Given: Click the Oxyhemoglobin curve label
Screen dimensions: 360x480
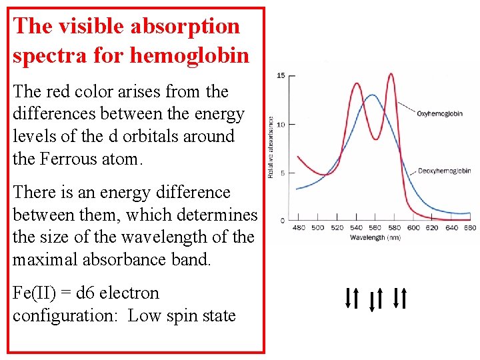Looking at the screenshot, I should click(439, 114).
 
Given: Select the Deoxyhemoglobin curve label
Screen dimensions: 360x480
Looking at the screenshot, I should click(443, 171).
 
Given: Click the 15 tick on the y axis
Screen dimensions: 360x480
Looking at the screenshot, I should click(281, 75).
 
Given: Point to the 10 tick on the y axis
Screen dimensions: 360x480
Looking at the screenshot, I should click(281, 125).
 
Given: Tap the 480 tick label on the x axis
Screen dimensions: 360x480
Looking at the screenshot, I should click(299, 227).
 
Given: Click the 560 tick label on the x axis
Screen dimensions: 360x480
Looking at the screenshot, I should click(375, 227).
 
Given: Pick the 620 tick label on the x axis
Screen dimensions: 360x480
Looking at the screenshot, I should click(432, 227).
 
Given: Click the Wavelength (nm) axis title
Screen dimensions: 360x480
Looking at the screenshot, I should click(375, 237).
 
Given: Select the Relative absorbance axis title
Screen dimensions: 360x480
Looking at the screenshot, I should click(271, 147).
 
